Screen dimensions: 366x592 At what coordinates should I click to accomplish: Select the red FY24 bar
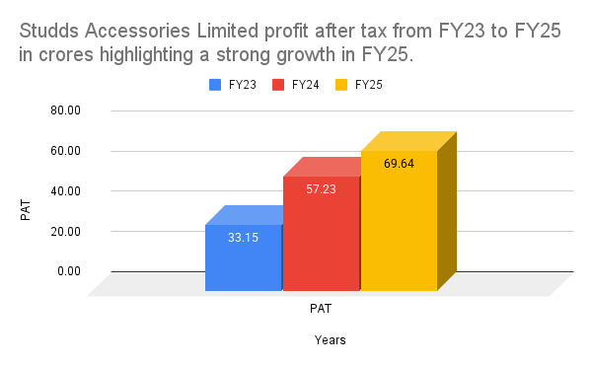322,237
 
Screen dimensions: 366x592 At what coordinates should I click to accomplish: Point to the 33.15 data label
244,237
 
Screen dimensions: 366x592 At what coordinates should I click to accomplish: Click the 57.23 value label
322,188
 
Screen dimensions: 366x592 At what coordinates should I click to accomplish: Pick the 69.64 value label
399,163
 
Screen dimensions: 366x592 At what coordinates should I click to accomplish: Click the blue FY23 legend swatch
215,85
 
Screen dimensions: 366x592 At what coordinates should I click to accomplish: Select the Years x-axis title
330,340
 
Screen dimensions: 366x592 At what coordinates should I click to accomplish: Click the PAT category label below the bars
320,307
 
